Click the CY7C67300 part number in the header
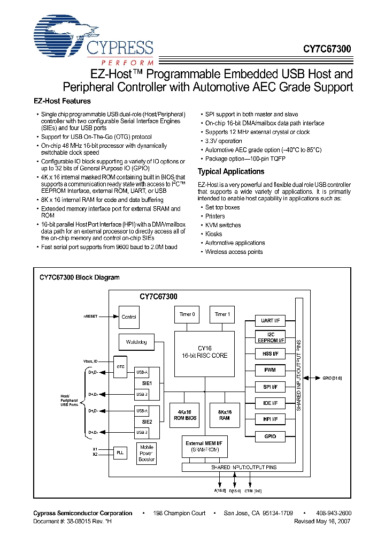327,49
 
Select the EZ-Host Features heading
62,101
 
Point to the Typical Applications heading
231,171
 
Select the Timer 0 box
187,314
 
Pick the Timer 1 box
221,314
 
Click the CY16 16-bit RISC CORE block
204,351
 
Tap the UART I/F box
270,320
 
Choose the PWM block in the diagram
270,370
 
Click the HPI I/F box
270,419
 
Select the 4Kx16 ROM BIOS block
184,415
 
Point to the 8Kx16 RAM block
224,415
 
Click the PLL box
120,453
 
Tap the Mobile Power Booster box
147,453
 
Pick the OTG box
120,366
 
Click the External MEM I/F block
204,447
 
